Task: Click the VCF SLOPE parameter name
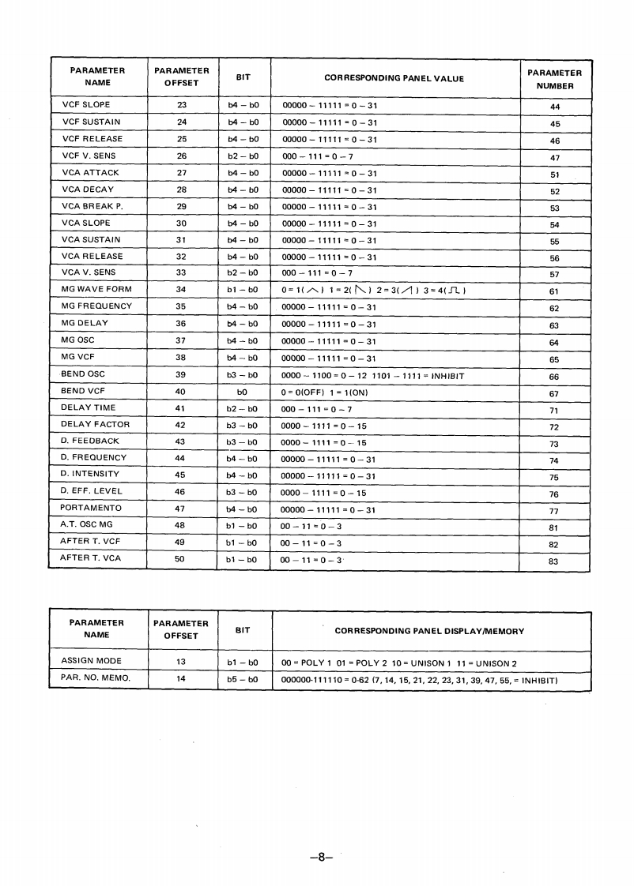tap(86, 105)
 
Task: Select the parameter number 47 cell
tap(554, 157)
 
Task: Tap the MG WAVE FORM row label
tap(96, 290)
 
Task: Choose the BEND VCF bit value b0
tap(243, 392)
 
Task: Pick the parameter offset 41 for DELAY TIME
tap(180, 408)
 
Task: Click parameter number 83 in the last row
tap(553, 561)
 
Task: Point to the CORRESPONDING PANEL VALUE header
tap(394, 78)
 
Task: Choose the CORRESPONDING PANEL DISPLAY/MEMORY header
tap(429, 631)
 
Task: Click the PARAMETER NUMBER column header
tap(554, 78)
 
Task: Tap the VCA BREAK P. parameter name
tap(92, 206)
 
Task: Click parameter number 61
tap(554, 291)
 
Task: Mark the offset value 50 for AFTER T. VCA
tap(180, 559)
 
